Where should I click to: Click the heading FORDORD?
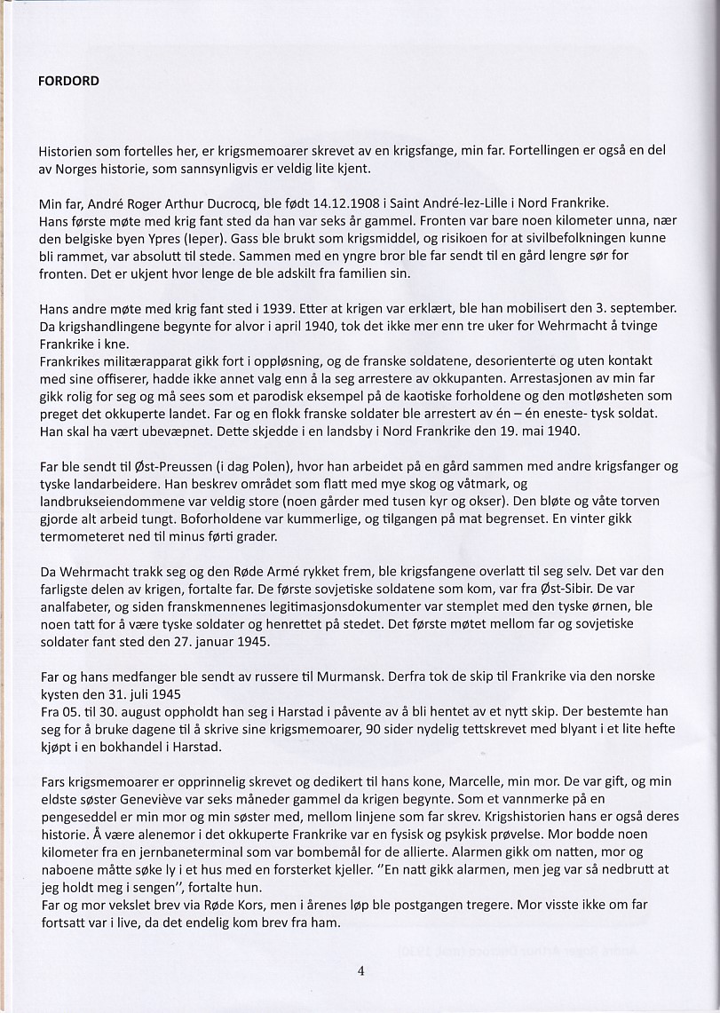pos(68,81)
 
